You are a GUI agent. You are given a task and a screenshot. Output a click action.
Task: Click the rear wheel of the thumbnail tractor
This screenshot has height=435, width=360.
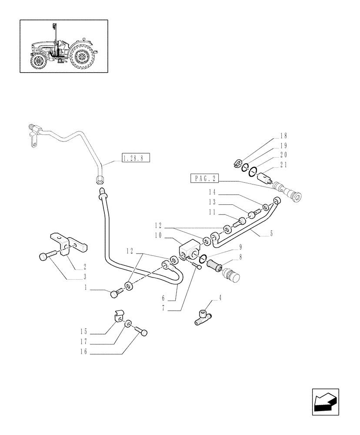pos(82,57)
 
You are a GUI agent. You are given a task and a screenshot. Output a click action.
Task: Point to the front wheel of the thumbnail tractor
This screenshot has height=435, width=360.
pos(39,61)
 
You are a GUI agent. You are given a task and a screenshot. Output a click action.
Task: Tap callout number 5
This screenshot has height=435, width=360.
pos(271,234)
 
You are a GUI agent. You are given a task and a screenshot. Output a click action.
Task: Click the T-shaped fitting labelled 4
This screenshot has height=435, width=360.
pos(202,316)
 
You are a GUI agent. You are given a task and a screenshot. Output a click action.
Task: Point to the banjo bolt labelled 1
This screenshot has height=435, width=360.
pos(115,294)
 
